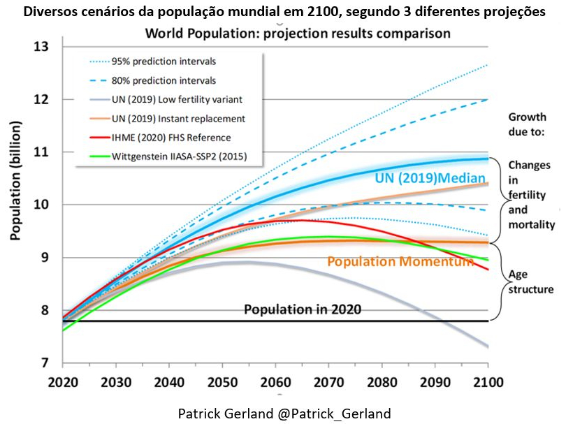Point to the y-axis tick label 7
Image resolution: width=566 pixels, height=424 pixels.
47,363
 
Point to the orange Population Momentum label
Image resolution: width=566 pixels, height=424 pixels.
400,262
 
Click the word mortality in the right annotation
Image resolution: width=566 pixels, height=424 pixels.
532,225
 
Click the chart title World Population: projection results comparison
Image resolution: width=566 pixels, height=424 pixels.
297,33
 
